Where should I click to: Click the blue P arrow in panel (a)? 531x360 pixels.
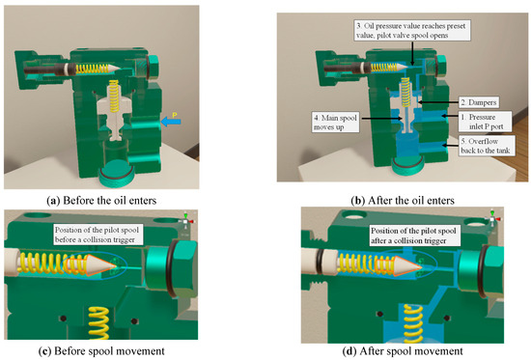(171, 122)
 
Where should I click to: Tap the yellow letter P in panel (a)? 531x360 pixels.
(175, 115)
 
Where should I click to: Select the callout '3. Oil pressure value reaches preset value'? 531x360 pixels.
(412, 31)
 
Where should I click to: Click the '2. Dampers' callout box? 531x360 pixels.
(479, 102)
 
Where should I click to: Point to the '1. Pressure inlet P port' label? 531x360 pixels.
(485, 122)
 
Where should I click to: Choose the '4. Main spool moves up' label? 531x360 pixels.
(336, 123)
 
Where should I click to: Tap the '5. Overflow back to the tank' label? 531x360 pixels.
(487, 146)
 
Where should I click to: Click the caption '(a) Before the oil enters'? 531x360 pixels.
(101, 201)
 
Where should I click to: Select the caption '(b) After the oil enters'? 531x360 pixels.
(403, 201)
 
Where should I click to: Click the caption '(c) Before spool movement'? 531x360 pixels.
(101, 351)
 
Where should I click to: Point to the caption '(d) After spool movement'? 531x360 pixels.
(403, 351)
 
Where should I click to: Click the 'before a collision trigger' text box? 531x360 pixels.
(97, 235)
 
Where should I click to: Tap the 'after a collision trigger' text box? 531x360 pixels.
(413, 235)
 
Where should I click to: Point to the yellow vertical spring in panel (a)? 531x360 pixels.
(114, 96)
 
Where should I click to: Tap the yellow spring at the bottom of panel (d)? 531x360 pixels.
(413, 323)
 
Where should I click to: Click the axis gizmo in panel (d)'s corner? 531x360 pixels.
(492, 218)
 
